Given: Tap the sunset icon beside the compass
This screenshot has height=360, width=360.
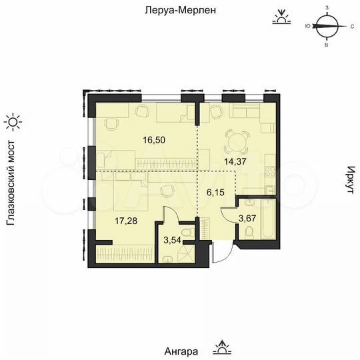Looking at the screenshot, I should point(283,17).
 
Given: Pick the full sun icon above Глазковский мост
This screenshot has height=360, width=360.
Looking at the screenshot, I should point(13,122).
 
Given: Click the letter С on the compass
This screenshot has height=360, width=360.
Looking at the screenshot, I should point(351,27).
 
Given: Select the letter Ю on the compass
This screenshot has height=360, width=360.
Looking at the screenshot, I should point(305,27).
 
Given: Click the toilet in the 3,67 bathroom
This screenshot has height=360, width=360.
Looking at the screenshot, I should point(248,233).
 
